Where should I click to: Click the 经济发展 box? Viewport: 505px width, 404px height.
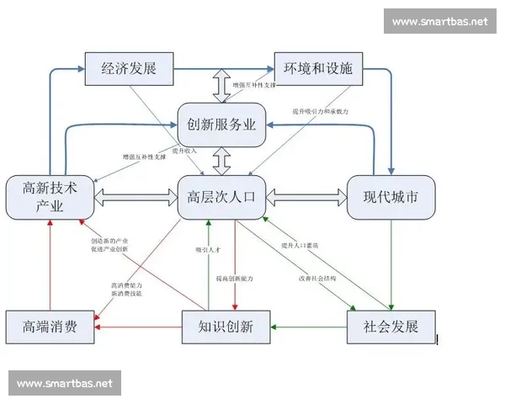[129, 68]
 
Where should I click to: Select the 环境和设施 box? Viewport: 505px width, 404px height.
[317, 68]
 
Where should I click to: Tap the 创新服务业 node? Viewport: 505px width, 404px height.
[222, 125]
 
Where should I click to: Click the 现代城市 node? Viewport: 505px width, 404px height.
[391, 198]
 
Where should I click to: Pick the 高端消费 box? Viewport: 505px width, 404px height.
[48, 326]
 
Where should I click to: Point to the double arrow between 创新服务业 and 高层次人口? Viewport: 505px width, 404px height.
[222, 161]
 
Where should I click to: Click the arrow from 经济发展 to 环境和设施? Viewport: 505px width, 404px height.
[222, 67]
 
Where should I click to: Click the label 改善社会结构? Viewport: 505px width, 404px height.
[316, 278]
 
